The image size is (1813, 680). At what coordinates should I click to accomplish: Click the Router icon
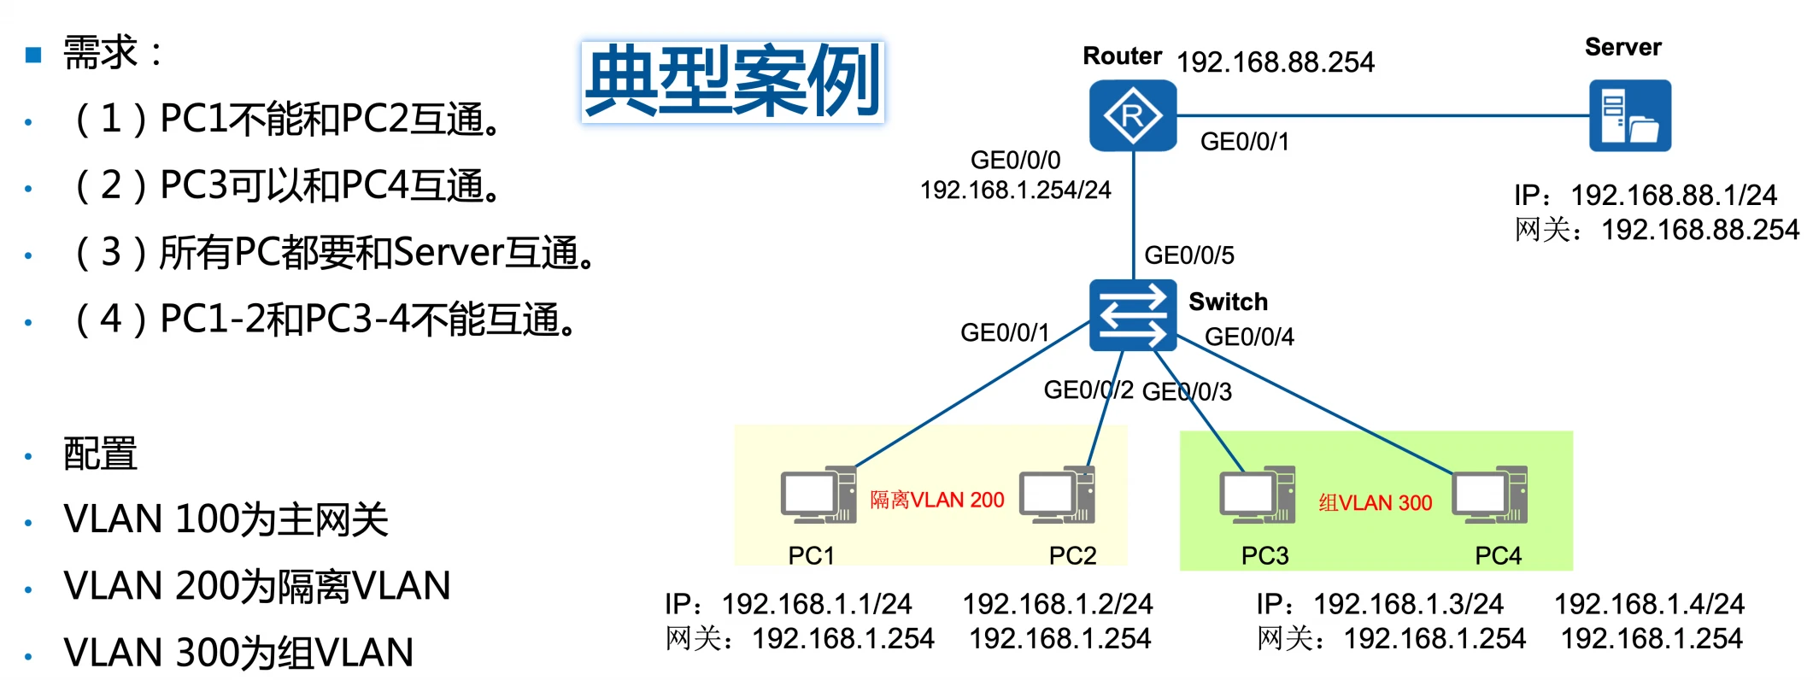point(1132,115)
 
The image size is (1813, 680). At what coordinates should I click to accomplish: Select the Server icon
point(1629,115)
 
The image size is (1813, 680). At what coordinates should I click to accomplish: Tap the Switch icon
point(1132,315)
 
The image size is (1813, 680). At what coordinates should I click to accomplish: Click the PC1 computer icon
point(818,495)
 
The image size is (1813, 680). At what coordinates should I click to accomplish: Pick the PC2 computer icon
point(1057,495)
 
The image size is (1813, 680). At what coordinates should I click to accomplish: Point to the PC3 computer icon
point(1257,495)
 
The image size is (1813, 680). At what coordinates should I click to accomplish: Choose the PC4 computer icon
point(1490,495)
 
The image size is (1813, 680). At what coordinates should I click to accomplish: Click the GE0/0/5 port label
point(1188,255)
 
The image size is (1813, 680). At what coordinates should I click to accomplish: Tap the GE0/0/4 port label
point(1248,337)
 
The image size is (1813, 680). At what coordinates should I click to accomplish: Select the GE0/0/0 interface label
point(1015,160)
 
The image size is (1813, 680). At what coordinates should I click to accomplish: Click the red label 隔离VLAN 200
point(936,500)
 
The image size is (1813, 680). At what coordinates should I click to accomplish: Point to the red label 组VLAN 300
point(1375,503)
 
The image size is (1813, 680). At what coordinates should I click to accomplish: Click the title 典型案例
point(732,81)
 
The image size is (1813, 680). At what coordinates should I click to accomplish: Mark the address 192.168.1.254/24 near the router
point(1015,190)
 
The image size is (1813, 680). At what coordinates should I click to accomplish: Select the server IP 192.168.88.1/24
point(1673,195)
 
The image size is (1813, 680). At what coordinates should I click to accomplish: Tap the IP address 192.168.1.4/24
point(1648,604)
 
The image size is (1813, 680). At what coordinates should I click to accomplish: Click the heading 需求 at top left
point(101,53)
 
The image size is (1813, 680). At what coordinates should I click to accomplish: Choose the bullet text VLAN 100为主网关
point(226,519)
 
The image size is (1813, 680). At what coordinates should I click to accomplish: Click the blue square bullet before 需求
point(33,56)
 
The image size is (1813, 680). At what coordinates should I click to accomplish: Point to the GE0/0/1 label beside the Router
point(1244,141)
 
